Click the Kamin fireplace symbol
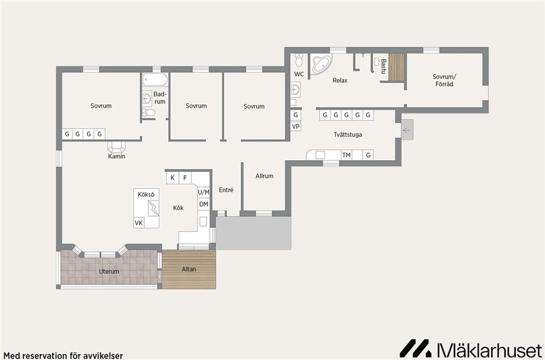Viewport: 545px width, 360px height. (x=116, y=146)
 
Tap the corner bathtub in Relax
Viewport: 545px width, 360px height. (x=321, y=64)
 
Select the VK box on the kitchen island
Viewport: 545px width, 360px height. (x=139, y=223)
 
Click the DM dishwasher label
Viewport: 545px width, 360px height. (x=204, y=204)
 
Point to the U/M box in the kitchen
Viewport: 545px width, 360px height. (x=204, y=192)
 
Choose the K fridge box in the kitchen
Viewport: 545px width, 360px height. (x=173, y=178)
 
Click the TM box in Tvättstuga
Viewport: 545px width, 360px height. (x=346, y=155)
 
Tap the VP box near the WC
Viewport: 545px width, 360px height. (x=296, y=127)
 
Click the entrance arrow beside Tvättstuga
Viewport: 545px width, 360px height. (x=407, y=130)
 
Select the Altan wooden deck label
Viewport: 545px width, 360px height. (x=188, y=269)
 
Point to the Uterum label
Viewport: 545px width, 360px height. (x=109, y=271)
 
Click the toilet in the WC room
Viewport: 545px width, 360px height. (x=299, y=60)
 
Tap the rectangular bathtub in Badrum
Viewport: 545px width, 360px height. (x=155, y=79)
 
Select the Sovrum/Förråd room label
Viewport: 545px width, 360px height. (x=444, y=80)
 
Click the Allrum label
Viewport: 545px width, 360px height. (x=265, y=176)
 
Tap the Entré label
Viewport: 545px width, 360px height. (x=226, y=190)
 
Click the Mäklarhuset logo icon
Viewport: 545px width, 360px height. (x=414, y=348)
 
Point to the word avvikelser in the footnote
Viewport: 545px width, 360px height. (x=103, y=356)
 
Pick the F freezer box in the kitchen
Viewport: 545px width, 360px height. (x=185, y=178)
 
